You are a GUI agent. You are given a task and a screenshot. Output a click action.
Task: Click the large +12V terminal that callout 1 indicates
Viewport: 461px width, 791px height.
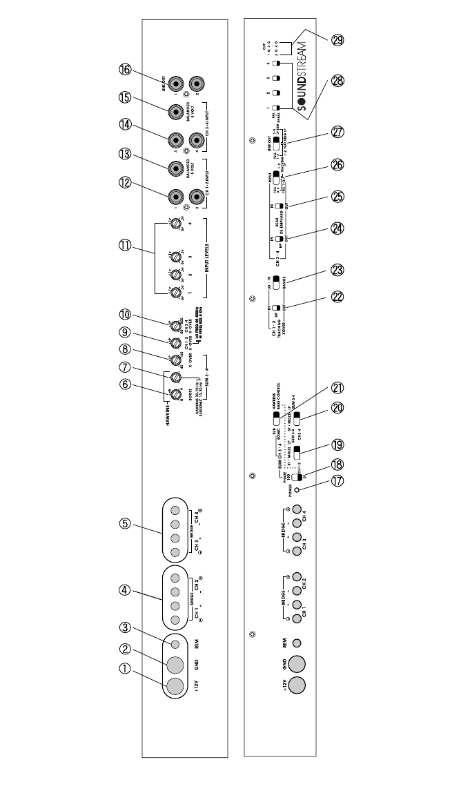(x=175, y=686)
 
